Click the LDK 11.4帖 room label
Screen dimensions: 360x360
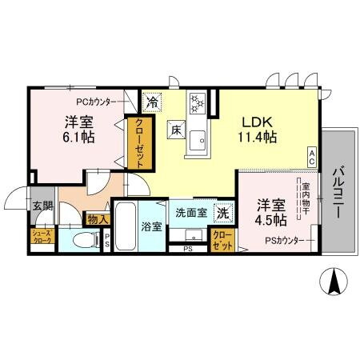[260, 130]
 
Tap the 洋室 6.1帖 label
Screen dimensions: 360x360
[79, 130]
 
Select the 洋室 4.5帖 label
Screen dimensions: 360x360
[270, 210]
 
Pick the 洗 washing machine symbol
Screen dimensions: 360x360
[225, 213]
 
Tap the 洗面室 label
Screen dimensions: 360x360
[191, 214]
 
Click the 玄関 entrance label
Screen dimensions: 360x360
[42, 206]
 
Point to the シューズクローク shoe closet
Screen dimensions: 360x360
[41, 237]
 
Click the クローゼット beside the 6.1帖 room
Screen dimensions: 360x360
[139, 142]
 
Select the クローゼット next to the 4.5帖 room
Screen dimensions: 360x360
[221, 241]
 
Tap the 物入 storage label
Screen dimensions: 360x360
[97, 218]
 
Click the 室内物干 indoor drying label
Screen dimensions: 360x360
[306, 199]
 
